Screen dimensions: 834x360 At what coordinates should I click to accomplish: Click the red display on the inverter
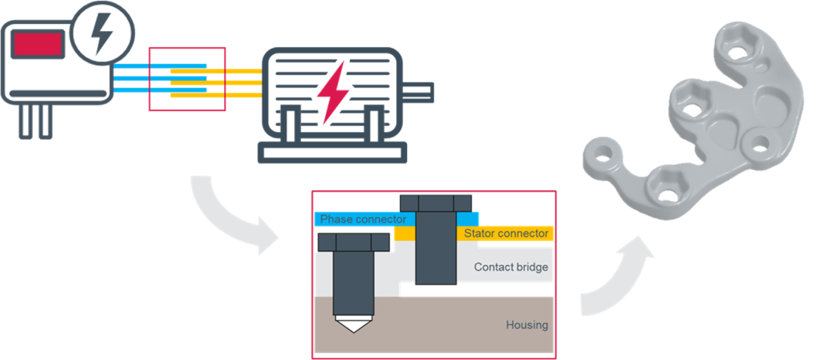[x=38, y=44]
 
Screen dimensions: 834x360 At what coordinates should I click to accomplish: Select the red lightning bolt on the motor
[x=334, y=92]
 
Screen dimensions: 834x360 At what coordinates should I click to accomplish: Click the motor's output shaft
[x=419, y=91]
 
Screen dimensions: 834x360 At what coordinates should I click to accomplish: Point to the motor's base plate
[x=332, y=152]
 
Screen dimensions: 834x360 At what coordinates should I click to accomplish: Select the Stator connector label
[x=506, y=233]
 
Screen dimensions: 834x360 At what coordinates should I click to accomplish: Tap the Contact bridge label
[x=510, y=267]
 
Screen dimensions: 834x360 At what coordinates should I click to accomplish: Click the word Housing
[x=527, y=325]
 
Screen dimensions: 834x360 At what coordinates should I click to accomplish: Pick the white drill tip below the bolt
[x=352, y=324]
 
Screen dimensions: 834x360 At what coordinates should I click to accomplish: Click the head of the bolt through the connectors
[x=436, y=203]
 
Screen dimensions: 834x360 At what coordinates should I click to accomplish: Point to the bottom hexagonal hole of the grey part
[x=664, y=191]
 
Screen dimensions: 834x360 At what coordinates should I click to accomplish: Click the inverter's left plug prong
[x=25, y=122]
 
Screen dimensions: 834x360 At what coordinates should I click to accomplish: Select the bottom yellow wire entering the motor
[x=216, y=96]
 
